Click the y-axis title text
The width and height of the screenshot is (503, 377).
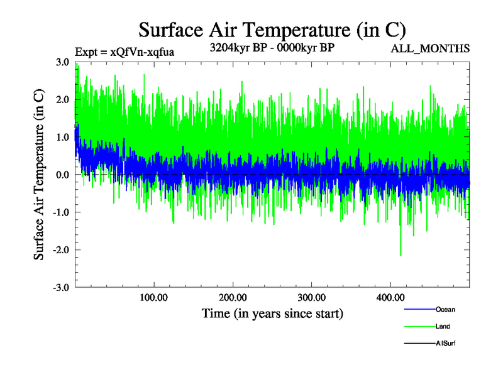39,175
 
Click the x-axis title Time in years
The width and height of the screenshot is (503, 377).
272,312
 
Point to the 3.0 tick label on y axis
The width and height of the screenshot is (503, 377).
62,62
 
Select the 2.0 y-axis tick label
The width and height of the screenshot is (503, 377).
62,100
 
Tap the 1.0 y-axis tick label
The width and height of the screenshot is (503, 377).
62,138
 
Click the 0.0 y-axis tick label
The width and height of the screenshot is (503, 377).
62,175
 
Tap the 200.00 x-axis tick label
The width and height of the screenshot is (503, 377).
233,297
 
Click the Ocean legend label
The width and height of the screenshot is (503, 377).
445,310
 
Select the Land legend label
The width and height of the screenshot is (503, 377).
443,327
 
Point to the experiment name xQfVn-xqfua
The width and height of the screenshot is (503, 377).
142,52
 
